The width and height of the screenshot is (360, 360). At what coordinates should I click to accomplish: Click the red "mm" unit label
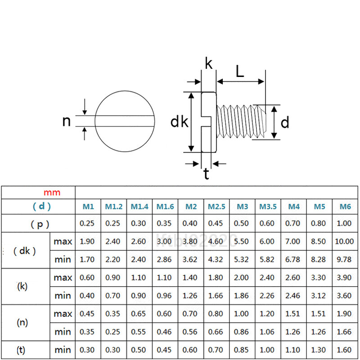[52, 193]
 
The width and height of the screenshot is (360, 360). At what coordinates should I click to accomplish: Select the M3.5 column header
[268, 207]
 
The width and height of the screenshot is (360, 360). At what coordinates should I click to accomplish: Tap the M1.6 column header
[165, 207]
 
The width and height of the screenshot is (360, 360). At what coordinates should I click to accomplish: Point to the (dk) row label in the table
[25, 251]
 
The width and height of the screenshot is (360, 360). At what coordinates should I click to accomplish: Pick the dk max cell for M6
[344, 242]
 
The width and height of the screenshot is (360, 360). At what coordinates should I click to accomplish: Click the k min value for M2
[191, 296]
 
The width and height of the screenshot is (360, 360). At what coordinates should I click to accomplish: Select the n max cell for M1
[87, 314]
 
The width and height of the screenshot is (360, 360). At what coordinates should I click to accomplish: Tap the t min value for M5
[319, 350]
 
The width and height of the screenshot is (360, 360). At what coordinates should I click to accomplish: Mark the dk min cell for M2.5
[216, 260]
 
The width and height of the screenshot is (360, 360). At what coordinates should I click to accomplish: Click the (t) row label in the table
[21, 350]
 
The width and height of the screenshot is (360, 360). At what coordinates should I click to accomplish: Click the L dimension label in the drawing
[240, 71]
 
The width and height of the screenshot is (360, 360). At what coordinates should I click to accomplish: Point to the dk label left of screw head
[179, 122]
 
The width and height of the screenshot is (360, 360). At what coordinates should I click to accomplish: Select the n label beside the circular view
[67, 121]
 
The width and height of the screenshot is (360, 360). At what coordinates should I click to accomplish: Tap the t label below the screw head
[206, 174]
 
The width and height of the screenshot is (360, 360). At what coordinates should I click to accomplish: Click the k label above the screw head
[208, 63]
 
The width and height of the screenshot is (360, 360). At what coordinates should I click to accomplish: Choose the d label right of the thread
[285, 122]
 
